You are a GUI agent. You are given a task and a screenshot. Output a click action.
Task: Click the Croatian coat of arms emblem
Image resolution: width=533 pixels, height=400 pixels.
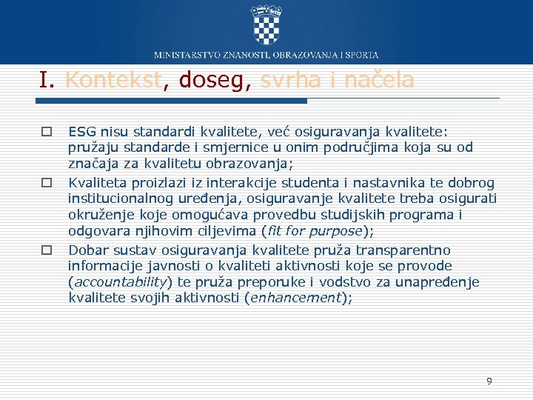pos(266,24)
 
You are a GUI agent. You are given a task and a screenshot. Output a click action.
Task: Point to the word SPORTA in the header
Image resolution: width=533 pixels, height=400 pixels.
pos(361,55)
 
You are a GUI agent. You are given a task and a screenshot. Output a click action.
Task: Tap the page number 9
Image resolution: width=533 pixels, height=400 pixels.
pos(489,381)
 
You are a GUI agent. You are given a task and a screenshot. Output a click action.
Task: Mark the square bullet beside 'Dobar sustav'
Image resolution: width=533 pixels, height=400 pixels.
pos(46,250)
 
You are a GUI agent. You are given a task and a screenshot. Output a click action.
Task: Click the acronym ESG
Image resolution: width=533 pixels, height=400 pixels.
pos(81,132)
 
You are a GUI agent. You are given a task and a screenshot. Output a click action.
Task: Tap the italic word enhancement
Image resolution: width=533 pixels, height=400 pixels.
pos(295,298)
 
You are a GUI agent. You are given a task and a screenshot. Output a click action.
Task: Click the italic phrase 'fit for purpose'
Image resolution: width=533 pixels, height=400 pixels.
pos(315,230)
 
